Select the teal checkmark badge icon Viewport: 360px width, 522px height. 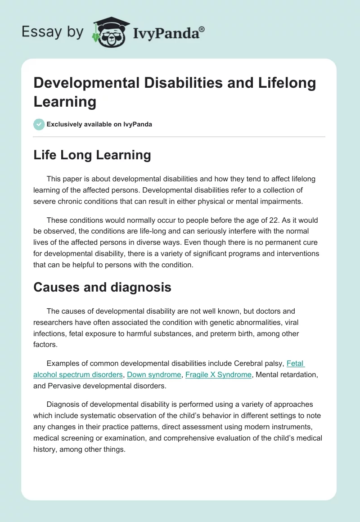click(x=39, y=124)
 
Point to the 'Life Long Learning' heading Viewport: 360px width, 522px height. click(x=92, y=155)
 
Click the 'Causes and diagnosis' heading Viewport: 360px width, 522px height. click(x=102, y=287)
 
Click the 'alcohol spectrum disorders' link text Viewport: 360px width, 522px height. click(x=78, y=374)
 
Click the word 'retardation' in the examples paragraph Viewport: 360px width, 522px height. click(x=302, y=374)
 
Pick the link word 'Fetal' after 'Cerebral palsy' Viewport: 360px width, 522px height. click(x=296, y=363)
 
